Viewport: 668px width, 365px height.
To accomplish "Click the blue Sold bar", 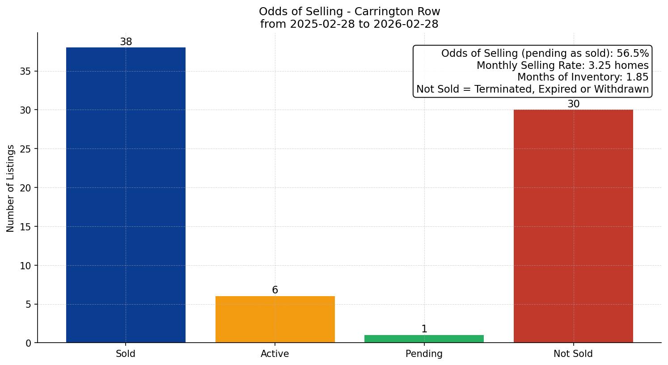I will (x=126, y=195).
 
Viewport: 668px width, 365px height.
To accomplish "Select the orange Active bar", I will (x=275, y=319).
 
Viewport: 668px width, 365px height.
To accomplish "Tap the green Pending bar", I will (x=424, y=339).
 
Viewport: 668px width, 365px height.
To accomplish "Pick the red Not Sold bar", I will (x=573, y=226).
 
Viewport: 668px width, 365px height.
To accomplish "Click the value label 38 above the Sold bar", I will (x=126, y=42).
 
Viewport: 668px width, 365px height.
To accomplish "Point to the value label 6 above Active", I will (x=275, y=290).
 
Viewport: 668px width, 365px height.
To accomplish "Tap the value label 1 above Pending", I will (x=424, y=329).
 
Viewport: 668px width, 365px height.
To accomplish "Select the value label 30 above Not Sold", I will (x=573, y=104).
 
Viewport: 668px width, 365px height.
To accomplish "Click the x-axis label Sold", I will (x=126, y=354).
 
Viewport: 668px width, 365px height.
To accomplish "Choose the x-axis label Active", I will (x=275, y=354).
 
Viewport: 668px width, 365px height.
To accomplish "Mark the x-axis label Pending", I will (x=424, y=354).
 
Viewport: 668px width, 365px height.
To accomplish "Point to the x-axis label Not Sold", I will (x=573, y=354).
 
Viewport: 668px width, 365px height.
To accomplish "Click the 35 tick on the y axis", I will (x=25, y=72).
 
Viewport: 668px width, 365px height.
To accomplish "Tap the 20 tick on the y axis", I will (x=25, y=188).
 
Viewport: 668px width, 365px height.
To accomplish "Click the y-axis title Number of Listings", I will (x=11, y=188).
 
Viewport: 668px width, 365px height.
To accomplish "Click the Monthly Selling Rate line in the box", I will (x=562, y=66).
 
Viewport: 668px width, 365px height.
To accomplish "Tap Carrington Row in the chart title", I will (x=397, y=12).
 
